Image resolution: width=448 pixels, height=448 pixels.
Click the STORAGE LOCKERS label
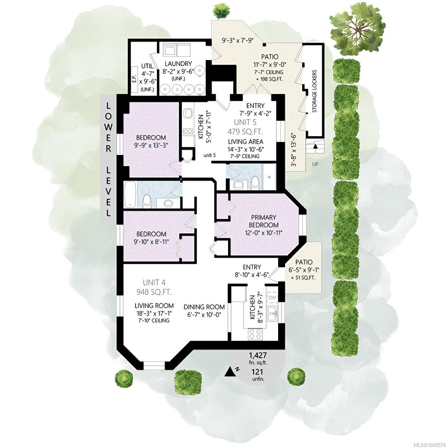[315, 91]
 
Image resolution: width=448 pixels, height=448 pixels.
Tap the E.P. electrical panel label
[134, 79]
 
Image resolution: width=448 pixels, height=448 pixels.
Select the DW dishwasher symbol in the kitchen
[271, 297]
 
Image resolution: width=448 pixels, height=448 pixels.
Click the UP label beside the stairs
[315, 164]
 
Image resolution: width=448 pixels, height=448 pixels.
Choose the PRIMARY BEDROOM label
[264, 221]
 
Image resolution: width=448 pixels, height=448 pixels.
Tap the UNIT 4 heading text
[154, 283]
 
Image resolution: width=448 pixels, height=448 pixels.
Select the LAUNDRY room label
[178, 63]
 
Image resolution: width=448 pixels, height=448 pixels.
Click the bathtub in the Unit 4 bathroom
[130, 195]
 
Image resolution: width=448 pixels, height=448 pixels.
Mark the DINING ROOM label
[204, 307]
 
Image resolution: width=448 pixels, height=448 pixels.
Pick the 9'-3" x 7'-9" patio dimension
[237, 40]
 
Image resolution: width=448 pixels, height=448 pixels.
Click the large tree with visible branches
[358, 30]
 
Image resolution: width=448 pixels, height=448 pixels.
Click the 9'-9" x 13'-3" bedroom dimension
[151, 145]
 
